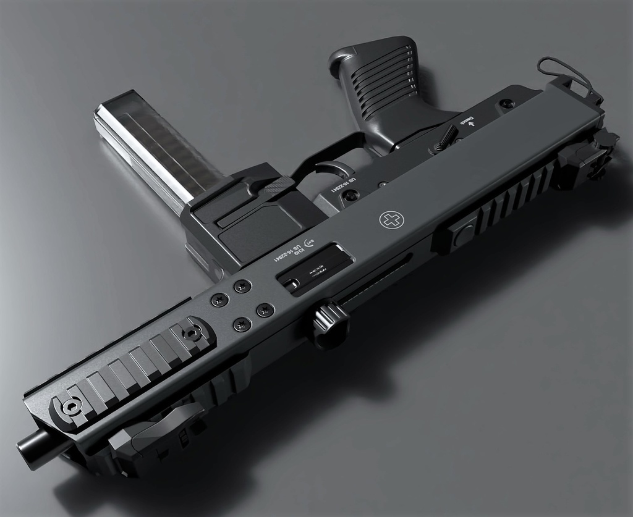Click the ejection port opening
pyautogui.click(x=314, y=266)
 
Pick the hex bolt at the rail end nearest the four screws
pyautogui.click(x=193, y=334)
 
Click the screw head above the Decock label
pyautogui.click(x=507, y=104)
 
